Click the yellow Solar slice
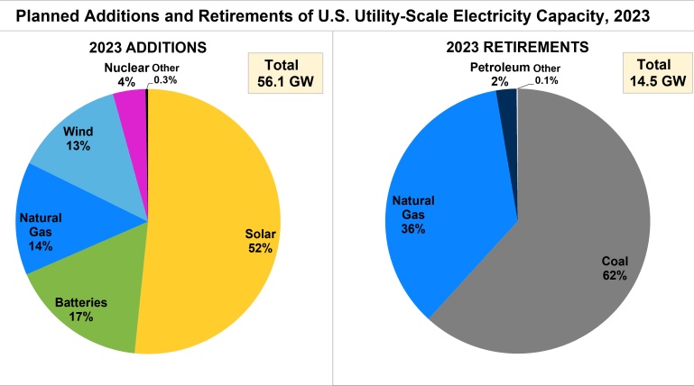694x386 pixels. pyautogui.click(x=217, y=198)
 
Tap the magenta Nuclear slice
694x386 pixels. pyautogui.click(x=132, y=113)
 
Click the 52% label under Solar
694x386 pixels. pyautogui.click(x=260, y=248)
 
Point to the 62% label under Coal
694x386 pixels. pyautogui.click(x=615, y=275)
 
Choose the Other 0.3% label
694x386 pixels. pyautogui.click(x=164, y=73)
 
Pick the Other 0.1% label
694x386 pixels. pyautogui.click(x=546, y=73)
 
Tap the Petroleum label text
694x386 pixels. pyautogui.click(x=499, y=68)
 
